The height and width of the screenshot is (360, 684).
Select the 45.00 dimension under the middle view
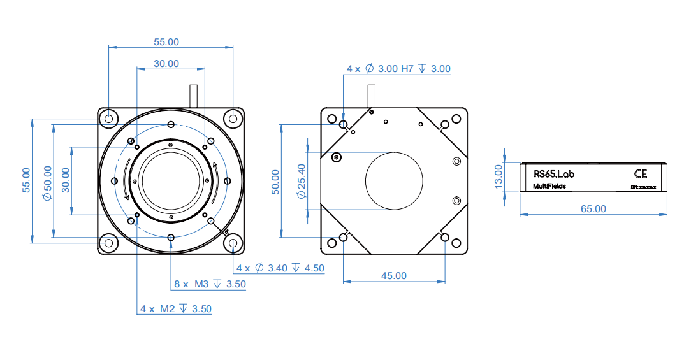tap(393, 275)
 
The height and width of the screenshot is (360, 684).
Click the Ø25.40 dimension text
tap(301, 180)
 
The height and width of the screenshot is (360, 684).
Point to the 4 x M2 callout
tap(176, 308)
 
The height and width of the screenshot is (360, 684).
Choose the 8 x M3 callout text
tap(210, 284)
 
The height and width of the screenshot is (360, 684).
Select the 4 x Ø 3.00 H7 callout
tap(398, 68)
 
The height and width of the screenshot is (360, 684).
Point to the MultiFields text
tap(549, 186)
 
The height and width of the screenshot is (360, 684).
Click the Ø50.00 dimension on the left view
tap(47, 183)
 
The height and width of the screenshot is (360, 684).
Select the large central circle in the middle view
tap(394, 180)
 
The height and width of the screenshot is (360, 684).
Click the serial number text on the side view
tap(647, 187)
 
